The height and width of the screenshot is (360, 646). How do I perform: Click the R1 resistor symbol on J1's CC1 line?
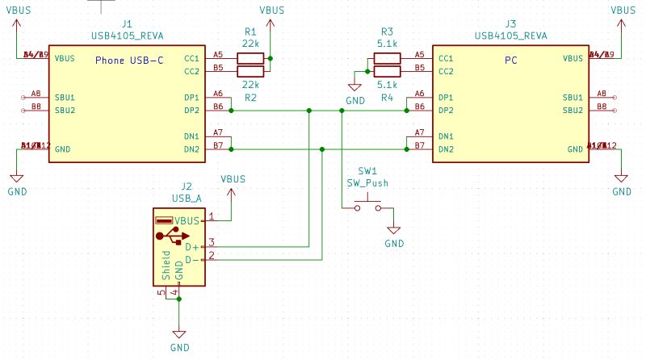pos(250,58)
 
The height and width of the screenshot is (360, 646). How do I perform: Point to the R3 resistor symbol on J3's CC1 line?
pos(386,58)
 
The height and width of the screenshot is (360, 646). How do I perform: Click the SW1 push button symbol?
pos(367,206)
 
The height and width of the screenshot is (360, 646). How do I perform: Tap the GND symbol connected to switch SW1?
pos(393,230)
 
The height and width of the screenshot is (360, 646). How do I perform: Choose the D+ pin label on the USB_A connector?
pos(191,246)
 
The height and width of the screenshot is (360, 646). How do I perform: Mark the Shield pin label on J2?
pos(166,264)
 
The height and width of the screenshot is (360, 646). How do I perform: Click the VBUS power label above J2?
pos(233,178)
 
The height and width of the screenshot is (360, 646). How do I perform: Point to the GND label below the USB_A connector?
pos(180,347)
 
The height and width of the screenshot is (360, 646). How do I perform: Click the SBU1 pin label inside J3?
pos(573,98)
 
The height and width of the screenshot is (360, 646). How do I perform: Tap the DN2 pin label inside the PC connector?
pos(446,149)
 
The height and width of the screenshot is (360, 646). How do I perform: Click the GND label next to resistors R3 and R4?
pos(355,101)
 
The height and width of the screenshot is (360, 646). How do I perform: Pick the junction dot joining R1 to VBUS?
pos(271,58)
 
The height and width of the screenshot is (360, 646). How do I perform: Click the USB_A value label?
pos(187,198)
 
